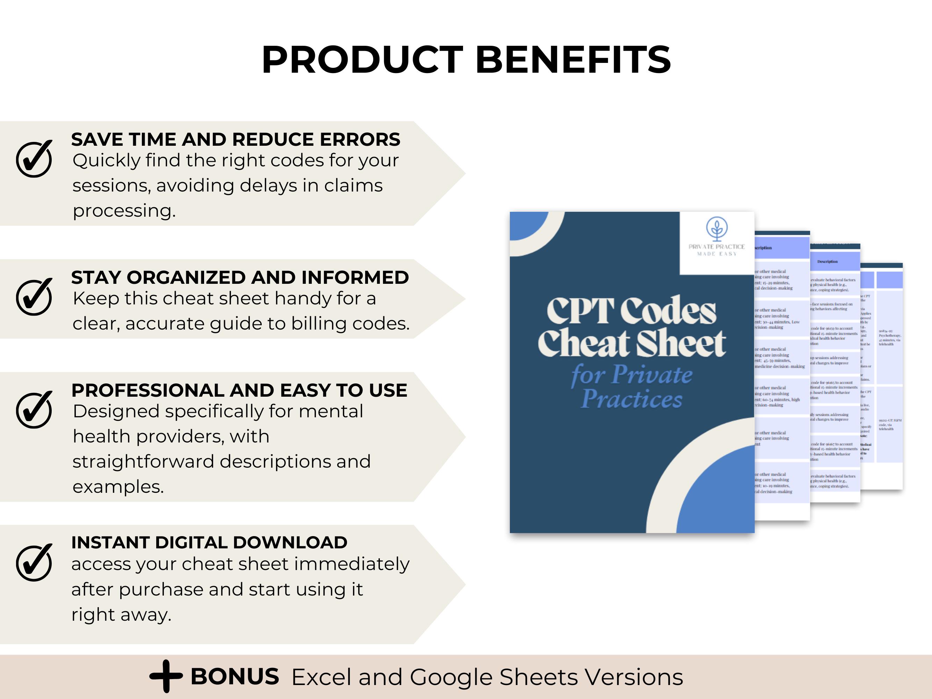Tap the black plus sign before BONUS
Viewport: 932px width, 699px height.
point(166,676)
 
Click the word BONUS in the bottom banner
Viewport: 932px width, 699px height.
point(235,677)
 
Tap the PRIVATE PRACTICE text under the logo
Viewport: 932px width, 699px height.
point(716,247)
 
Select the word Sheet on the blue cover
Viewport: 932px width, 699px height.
point(681,344)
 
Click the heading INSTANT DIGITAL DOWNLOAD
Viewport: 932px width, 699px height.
point(209,543)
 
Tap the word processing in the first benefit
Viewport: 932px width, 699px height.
point(124,211)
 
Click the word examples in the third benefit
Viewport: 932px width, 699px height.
point(118,487)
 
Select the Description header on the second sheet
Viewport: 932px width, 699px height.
point(828,262)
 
